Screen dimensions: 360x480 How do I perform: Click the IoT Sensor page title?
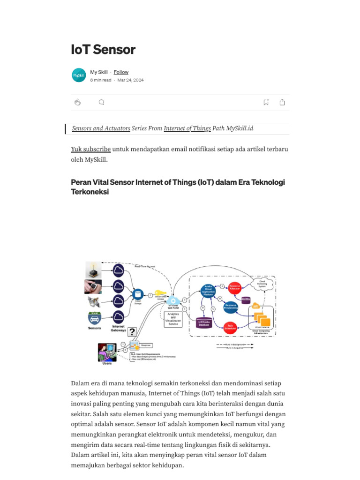tap(103, 49)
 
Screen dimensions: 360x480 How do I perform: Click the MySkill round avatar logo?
tap(79, 75)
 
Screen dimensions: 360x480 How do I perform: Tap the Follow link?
tap(121, 72)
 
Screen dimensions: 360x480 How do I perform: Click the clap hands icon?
tap(77, 102)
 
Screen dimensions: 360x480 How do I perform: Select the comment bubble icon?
tap(101, 102)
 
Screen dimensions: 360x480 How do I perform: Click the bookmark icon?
tap(266, 102)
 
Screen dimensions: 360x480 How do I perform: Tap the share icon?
tap(282, 102)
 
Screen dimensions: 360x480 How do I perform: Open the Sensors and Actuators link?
tap(101, 128)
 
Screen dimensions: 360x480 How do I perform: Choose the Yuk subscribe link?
tap(91, 149)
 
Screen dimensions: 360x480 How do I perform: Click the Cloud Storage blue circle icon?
tap(137, 294)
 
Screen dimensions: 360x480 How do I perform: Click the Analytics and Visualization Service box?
tap(173, 319)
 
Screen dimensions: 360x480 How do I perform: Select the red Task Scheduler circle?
tap(230, 326)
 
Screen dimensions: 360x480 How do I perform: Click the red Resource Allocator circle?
tap(234, 289)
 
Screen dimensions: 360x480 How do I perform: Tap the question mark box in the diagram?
tap(132, 332)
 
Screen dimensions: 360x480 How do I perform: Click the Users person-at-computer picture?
tap(107, 352)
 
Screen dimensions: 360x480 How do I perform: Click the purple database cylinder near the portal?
tap(204, 322)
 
